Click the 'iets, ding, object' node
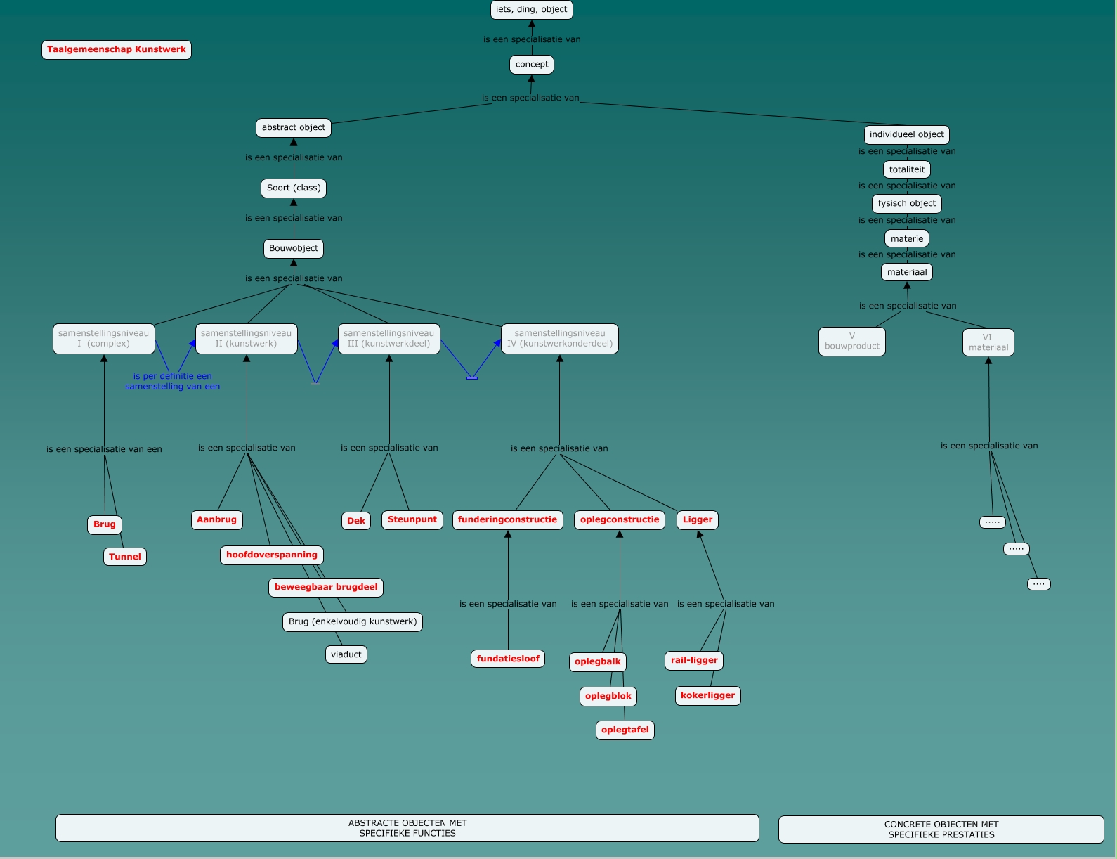(531, 10)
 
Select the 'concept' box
(531, 65)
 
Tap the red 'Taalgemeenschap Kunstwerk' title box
(117, 50)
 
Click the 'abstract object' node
(293, 128)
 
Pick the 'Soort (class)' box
(294, 188)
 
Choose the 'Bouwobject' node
(294, 249)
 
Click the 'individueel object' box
(906, 135)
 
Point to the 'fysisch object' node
(906, 204)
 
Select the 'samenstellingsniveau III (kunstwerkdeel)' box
(388, 339)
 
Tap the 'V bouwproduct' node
(851, 342)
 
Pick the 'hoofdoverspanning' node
(272, 555)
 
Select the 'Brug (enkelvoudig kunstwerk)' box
(353, 622)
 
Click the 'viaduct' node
(346, 655)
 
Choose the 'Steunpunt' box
(412, 520)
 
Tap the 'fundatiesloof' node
(508, 659)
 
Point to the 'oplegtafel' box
(625, 730)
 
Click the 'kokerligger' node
(707, 696)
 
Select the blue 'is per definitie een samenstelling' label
(172, 382)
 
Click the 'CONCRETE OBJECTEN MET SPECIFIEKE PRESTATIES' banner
(941, 829)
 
